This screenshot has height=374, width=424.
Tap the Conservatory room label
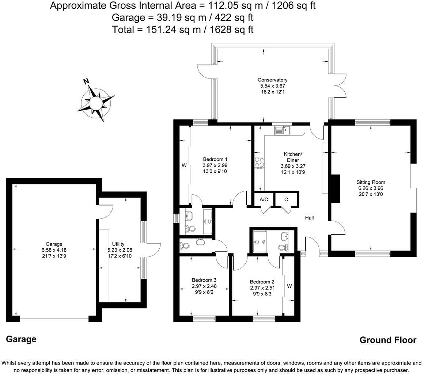(272, 80)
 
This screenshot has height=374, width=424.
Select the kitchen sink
(282, 130)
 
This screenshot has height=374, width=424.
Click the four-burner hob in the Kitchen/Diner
(259, 163)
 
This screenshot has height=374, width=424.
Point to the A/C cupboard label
(264, 200)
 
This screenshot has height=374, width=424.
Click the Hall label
(309, 218)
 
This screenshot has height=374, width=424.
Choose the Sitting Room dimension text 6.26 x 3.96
(371, 188)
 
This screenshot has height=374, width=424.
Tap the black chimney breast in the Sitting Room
(336, 188)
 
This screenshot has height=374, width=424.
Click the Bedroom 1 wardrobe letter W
(184, 165)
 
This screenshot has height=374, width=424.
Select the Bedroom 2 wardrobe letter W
(289, 286)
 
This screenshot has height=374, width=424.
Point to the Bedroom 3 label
(204, 280)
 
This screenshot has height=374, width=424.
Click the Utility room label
(118, 244)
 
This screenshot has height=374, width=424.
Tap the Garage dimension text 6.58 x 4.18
(54, 250)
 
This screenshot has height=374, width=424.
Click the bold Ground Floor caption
(388, 340)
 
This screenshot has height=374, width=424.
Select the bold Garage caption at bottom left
(21, 339)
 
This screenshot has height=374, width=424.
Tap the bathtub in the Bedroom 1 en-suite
(208, 222)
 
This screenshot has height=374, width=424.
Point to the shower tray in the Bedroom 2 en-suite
(260, 241)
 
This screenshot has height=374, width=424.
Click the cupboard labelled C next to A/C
(287, 200)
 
